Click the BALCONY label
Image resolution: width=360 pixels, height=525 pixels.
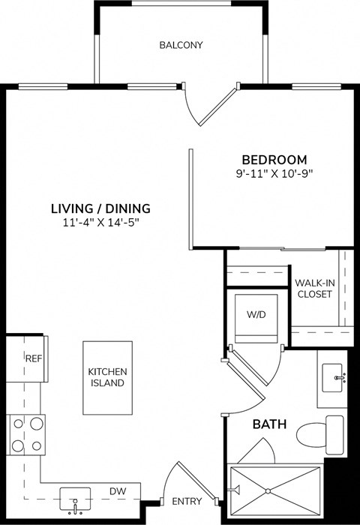click(x=181, y=45)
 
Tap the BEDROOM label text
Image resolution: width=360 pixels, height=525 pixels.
click(x=274, y=160)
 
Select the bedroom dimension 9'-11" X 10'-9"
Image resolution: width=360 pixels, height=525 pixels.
click(x=274, y=173)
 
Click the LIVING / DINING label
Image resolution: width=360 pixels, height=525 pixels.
click(x=100, y=208)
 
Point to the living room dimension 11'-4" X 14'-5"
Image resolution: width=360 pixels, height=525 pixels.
click(x=100, y=222)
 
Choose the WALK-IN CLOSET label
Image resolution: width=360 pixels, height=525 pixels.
click(x=314, y=288)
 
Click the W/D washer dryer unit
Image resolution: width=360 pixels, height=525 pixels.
click(x=257, y=316)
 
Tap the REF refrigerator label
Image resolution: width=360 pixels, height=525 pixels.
click(x=33, y=358)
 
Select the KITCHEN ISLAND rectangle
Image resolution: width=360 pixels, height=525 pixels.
click(x=106, y=376)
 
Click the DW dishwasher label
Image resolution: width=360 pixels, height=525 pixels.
click(x=117, y=491)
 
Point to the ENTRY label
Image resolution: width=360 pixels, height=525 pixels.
click(x=186, y=501)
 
